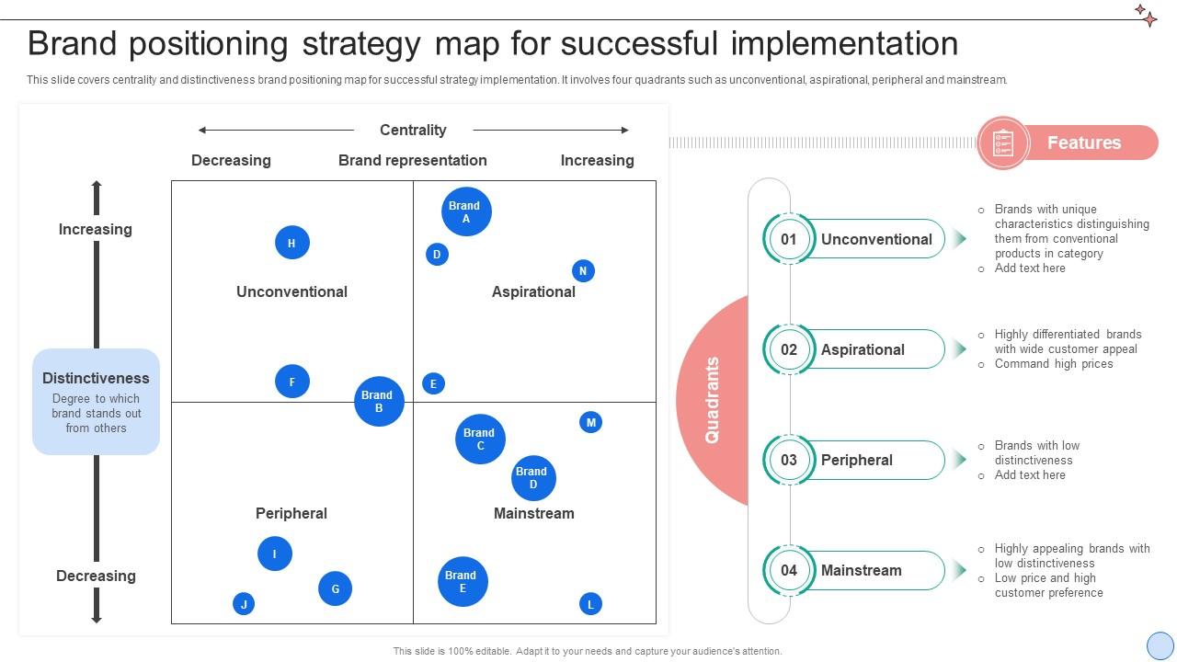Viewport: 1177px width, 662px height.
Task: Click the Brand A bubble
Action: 466,211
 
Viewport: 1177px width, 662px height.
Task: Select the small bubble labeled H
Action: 292,243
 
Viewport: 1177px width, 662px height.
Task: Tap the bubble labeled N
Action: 583,271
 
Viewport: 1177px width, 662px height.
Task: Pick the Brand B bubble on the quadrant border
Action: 379,402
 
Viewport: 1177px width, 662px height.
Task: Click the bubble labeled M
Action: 591,422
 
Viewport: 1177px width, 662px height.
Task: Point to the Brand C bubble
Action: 480,439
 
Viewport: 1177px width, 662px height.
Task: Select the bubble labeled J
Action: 244,604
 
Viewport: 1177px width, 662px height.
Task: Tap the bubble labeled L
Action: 591,604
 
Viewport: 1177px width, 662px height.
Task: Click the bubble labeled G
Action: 336,588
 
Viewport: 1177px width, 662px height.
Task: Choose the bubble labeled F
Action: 292,382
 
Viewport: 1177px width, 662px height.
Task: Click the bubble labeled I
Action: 275,554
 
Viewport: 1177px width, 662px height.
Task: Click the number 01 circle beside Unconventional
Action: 789,239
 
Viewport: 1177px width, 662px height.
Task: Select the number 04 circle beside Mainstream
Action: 789,570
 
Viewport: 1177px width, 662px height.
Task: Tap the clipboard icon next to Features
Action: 1003,143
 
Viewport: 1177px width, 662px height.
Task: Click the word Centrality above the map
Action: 413,130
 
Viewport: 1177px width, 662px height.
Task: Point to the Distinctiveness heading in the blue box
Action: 96,378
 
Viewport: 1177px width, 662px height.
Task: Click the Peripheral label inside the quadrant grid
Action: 291,513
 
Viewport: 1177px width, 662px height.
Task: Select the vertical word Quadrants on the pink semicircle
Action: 712,400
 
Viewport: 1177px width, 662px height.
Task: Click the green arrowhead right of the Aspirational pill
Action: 960,348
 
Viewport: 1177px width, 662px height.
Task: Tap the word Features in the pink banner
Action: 1084,143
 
